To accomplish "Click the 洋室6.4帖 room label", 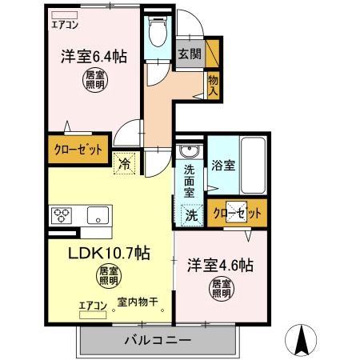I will tap(94, 57).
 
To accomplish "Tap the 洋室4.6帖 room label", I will tap(220, 265).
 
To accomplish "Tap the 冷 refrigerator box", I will tap(126, 161).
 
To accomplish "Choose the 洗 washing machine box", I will tap(192, 214).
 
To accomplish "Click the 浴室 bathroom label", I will tap(223, 166).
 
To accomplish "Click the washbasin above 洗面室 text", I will tap(190, 152).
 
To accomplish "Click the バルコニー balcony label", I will tap(157, 339).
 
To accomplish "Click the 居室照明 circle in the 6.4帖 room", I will tap(94, 79).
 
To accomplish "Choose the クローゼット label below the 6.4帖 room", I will tap(74, 150).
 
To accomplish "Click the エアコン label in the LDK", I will tap(93, 305).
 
